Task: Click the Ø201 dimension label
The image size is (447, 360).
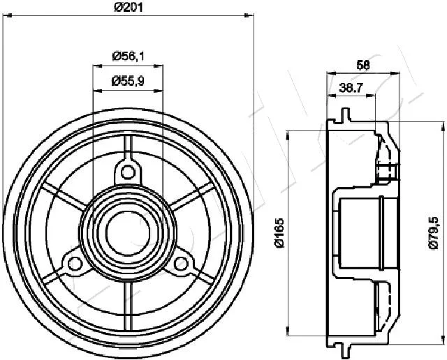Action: click(x=128, y=7)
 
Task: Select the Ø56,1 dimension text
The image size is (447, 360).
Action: click(x=128, y=57)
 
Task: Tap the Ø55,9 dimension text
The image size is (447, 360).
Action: click(x=128, y=81)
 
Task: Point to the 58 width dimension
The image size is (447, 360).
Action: click(x=363, y=65)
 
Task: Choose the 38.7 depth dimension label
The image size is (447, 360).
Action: click(x=351, y=88)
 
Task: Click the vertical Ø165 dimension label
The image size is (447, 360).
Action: click(x=279, y=233)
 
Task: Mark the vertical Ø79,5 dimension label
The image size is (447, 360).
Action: click(x=433, y=233)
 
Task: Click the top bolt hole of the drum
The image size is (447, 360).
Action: click(x=128, y=172)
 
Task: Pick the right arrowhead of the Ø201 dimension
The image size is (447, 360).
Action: click(x=249, y=15)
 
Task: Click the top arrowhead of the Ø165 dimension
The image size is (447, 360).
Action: click(x=289, y=135)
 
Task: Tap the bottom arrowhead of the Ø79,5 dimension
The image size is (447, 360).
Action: click(x=443, y=339)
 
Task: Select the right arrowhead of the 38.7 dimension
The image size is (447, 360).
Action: click(x=371, y=96)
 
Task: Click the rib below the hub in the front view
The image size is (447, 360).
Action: click(x=128, y=305)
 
